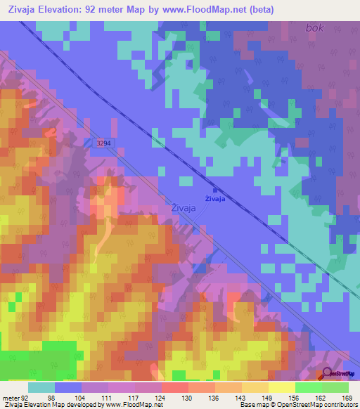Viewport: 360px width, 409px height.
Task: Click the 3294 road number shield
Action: click(103, 143)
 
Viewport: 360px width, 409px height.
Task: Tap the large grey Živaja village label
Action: click(184, 207)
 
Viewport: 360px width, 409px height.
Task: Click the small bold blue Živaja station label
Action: click(214, 199)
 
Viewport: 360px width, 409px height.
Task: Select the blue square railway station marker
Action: click(214, 189)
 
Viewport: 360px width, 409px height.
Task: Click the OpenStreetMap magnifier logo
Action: click(328, 376)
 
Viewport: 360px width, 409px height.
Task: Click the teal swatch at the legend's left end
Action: click(41, 387)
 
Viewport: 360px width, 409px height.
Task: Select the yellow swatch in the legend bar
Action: click(281, 387)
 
